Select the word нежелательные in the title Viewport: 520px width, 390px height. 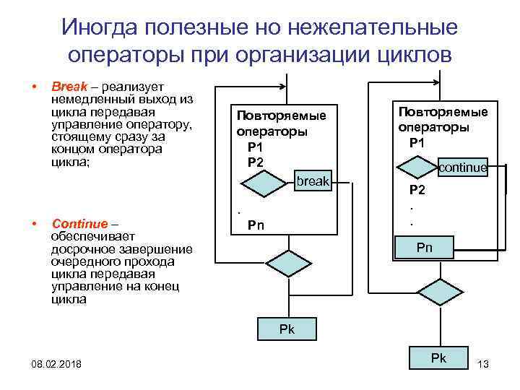click(x=373, y=27)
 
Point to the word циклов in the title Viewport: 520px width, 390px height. click(x=416, y=55)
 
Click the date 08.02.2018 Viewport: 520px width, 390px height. click(x=57, y=363)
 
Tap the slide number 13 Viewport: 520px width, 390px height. click(x=483, y=363)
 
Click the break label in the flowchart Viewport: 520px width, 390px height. click(x=313, y=181)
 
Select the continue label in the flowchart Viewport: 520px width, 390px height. click(x=463, y=168)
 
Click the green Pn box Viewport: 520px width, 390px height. click(x=425, y=247)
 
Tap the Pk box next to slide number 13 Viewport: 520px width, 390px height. click(x=438, y=358)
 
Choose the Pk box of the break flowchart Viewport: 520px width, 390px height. click(x=287, y=329)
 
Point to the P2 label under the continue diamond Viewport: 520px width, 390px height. click(x=417, y=191)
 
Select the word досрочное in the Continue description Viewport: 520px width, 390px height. click(x=82, y=249)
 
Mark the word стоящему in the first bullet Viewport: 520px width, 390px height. click(x=78, y=137)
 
